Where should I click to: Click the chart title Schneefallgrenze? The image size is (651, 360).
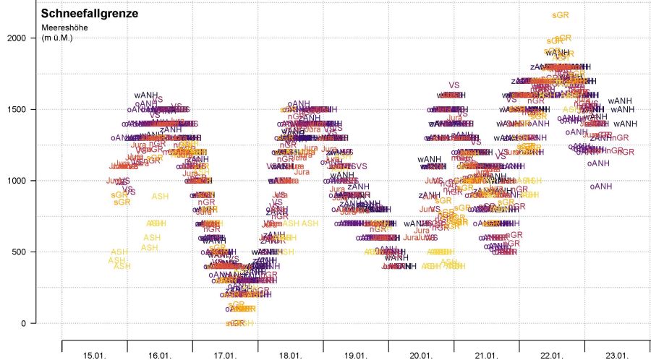(90, 13)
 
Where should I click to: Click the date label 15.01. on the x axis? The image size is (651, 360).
(95, 354)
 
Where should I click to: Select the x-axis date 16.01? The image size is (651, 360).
(160, 354)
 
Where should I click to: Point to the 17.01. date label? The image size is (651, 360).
(225, 354)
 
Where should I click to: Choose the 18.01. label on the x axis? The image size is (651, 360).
(290, 354)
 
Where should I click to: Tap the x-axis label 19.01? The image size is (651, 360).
(356, 354)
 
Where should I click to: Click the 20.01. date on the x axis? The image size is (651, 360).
(421, 354)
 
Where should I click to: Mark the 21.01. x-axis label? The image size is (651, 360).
(486, 354)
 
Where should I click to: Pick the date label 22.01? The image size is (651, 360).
(552, 354)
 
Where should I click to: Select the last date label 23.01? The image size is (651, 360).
(617, 354)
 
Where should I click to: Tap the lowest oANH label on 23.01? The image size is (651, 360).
(600, 186)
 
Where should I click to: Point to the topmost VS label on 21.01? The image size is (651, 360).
(454, 85)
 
